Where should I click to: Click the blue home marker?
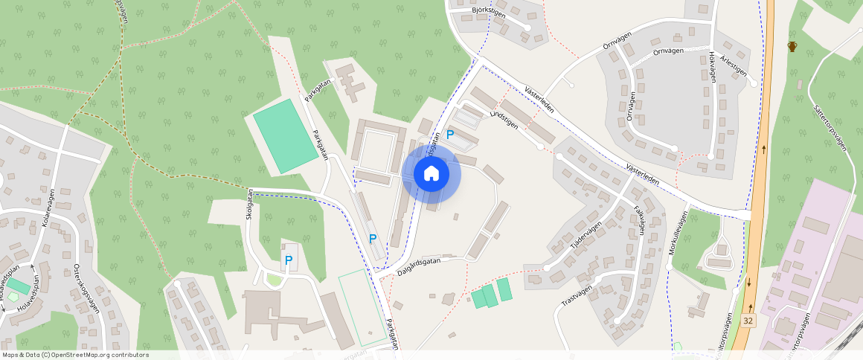[431, 174]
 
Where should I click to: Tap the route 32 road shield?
[748, 320]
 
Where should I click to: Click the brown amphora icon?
[793, 47]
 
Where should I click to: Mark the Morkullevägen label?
[676, 232]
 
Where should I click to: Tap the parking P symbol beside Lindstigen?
[450, 135]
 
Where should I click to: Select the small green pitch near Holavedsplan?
[19, 286]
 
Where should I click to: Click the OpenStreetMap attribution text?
[75, 355]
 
